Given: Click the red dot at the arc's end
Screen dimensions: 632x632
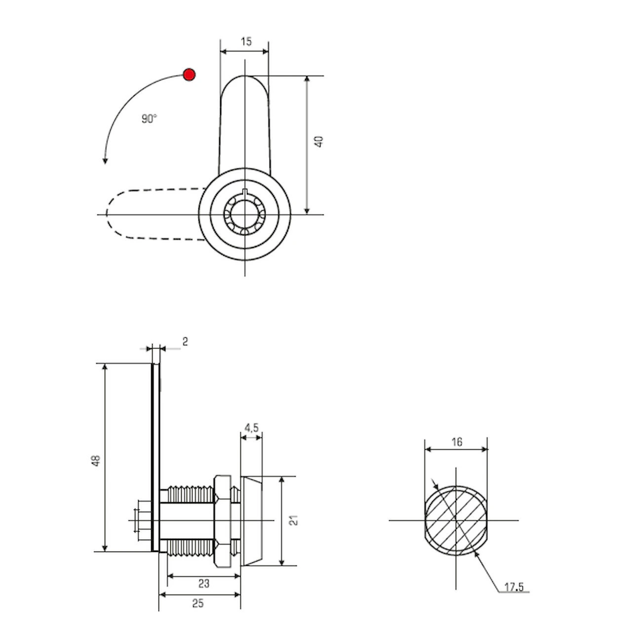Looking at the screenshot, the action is (189, 75).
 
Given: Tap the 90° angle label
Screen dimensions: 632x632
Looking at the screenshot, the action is (149, 118).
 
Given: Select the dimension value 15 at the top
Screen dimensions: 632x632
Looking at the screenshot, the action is (246, 41).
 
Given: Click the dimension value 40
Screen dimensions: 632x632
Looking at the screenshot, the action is (319, 141).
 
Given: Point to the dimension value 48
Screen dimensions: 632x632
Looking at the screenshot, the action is (97, 461).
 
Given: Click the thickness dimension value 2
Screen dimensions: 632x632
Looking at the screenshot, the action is (185, 342).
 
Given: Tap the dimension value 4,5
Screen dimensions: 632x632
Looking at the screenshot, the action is (251, 428).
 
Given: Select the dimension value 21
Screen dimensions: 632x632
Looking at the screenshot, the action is (294, 520).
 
